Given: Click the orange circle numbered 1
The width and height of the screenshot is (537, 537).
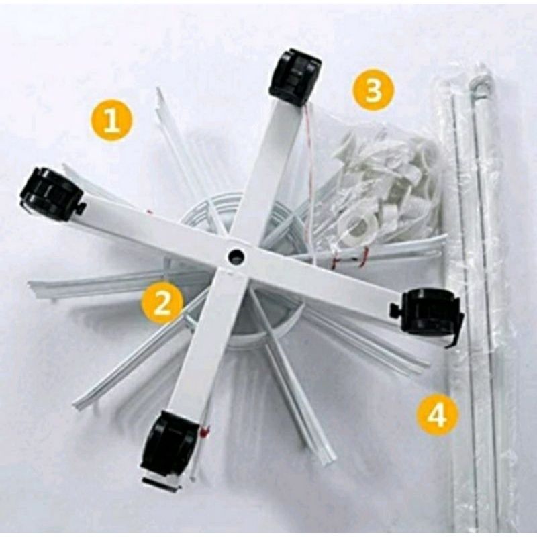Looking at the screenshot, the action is [x=111, y=121].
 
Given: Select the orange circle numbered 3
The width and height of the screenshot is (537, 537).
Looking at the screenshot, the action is [x=373, y=90].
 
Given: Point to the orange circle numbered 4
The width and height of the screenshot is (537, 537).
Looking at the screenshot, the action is [x=438, y=414].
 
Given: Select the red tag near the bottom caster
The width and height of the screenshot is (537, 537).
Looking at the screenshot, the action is [x=205, y=432].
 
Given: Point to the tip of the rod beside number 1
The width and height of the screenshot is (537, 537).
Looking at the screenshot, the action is [x=158, y=89].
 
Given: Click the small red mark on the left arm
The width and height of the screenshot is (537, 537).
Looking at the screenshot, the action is [x=149, y=212].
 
